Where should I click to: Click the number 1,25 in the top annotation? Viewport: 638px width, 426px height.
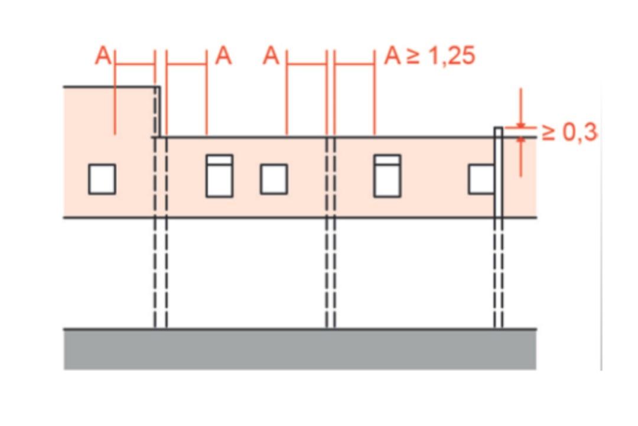[x=452, y=56]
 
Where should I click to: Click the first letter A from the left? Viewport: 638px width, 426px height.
[x=103, y=56]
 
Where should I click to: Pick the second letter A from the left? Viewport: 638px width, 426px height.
[x=223, y=56]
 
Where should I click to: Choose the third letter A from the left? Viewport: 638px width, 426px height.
[x=271, y=56]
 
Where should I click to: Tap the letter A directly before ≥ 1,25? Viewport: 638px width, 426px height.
[x=393, y=56]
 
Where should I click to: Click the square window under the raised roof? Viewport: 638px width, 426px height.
[x=102, y=179]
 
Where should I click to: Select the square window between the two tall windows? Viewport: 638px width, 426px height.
[x=274, y=179]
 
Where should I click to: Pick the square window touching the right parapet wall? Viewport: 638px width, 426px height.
[x=482, y=179]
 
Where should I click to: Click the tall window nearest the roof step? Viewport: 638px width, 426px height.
[x=220, y=175]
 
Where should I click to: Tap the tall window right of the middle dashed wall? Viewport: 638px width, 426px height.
[x=388, y=175]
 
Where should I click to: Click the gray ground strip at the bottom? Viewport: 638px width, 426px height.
[x=300, y=349]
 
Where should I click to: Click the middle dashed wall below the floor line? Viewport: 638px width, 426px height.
[x=331, y=273]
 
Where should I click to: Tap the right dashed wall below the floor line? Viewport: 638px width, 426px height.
[x=499, y=273]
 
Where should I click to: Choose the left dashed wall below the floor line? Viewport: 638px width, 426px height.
[x=161, y=273]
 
